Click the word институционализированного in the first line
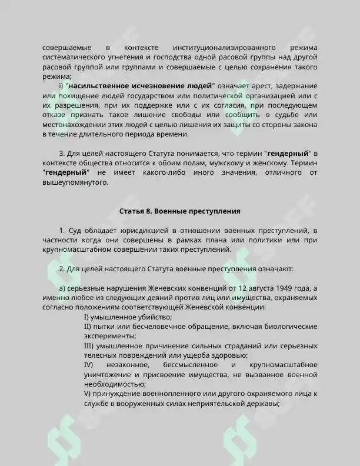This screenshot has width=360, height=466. (x=226, y=46)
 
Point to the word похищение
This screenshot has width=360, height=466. (x=78, y=96)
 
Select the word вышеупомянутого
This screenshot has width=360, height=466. (x=76, y=183)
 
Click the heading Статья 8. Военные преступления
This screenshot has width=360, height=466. (x=180, y=210)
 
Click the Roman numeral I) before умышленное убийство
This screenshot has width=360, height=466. (x=88, y=317)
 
